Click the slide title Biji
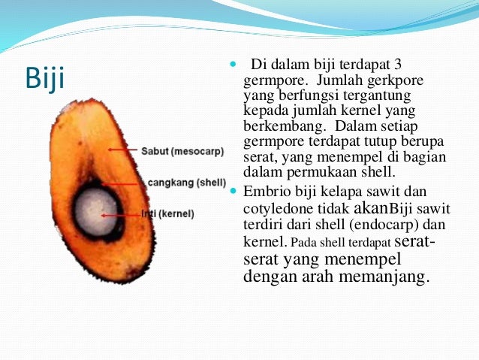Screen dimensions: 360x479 click(44, 77)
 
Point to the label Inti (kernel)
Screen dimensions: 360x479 click(167, 214)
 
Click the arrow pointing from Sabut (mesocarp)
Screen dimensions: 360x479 click(123, 150)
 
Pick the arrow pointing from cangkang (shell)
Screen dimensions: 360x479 click(124, 183)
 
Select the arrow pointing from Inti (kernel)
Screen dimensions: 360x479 click(120, 214)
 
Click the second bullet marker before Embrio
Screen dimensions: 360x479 click(231, 192)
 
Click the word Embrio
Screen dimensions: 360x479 click(264, 192)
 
